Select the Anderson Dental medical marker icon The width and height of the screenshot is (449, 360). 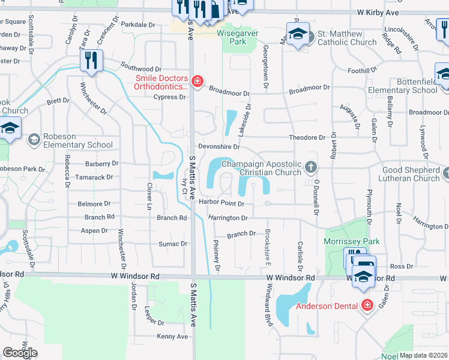367,305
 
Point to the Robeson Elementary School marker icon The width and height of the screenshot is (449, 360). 34,140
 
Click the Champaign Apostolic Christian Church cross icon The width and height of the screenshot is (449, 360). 310,166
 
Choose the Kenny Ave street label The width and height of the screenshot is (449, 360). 172,337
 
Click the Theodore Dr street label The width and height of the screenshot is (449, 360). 306,137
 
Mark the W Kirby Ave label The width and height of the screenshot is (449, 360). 378,11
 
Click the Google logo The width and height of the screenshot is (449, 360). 20,353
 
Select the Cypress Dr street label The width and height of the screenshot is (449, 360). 169,97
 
